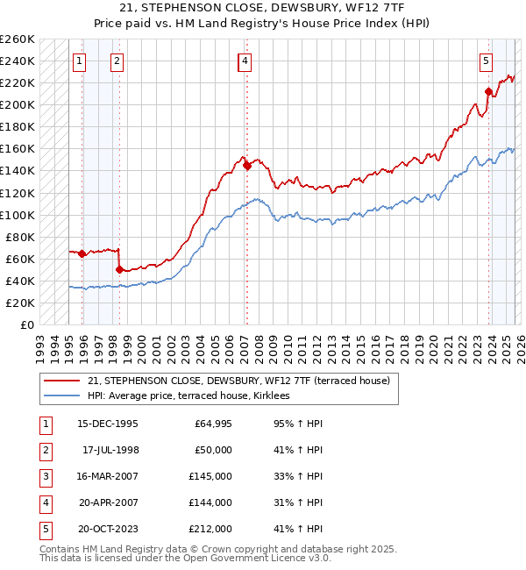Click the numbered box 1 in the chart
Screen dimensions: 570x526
tap(80, 61)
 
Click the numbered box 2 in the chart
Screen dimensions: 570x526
tap(117, 61)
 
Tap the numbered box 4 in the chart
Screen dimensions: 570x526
tap(245, 61)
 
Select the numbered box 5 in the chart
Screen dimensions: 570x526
tap(485, 61)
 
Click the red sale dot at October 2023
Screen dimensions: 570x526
tap(488, 91)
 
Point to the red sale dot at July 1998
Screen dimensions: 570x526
tap(119, 269)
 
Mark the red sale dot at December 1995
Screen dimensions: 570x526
tap(82, 253)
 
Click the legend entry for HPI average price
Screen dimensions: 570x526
tap(194, 396)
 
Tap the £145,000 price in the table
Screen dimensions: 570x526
tap(211, 478)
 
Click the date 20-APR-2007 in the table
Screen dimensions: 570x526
tap(108, 502)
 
